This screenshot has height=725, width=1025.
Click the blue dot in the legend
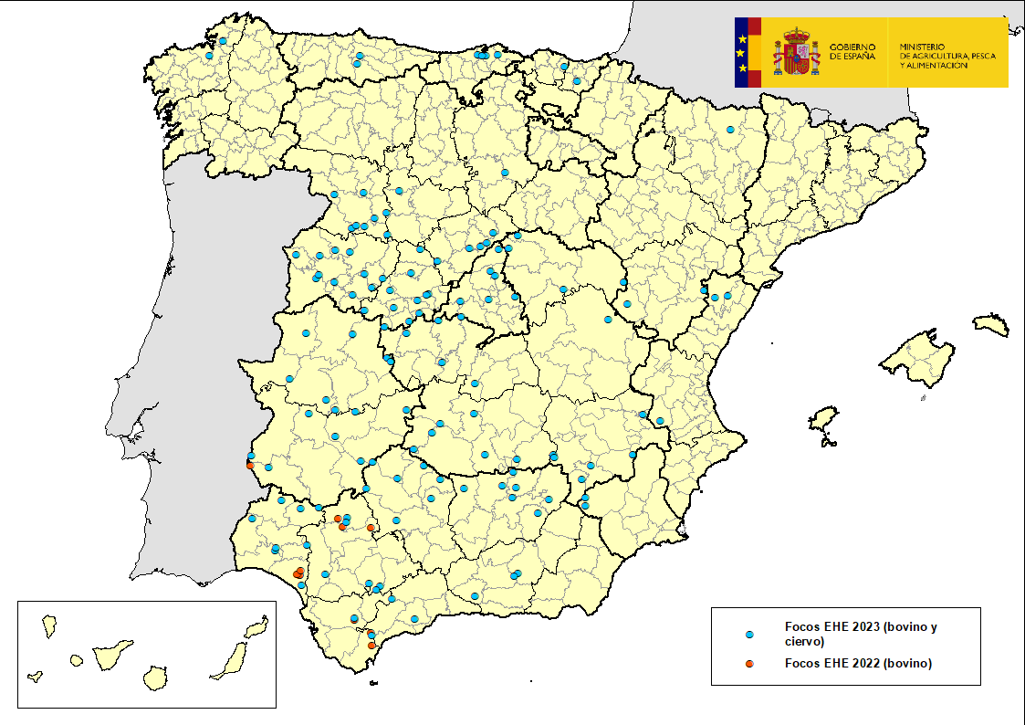[x=748, y=633]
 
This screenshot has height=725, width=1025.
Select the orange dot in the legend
[x=748, y=664]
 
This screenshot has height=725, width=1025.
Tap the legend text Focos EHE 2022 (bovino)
[x=858, y=664]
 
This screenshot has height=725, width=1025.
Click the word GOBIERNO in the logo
[x=852, y=47]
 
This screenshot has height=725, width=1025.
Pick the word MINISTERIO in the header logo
[x=925, y=47]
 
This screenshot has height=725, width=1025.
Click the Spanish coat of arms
[x=796, y=52]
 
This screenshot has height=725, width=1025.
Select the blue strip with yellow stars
[x=742, y=52]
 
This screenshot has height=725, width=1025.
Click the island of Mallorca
[x=917, y=358]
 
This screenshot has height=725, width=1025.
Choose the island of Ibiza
[x=824, y=422]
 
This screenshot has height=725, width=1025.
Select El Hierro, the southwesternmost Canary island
[x=36, y=678]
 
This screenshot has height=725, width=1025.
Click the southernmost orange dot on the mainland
[x=371, y=646]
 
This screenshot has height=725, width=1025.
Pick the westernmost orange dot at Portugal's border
[x=250, y=466]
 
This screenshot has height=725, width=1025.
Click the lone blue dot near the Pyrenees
[x=730, y=130]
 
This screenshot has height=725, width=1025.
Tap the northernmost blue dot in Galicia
[x=222, y=40]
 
